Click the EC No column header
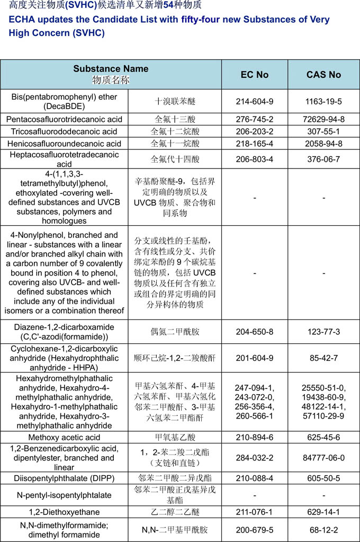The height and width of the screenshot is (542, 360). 255,75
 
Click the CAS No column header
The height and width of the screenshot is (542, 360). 323,75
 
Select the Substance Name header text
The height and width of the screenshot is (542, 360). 111,69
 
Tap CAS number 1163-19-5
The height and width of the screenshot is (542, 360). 323,101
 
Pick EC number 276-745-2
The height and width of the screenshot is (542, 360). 255,119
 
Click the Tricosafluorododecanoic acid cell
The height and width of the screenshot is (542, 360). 66,131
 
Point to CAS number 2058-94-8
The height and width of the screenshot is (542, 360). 323,144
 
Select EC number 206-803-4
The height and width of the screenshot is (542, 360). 255,159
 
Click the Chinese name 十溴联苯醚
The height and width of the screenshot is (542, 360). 175,101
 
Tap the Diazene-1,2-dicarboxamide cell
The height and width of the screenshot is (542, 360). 66,332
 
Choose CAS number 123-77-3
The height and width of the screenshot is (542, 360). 323,332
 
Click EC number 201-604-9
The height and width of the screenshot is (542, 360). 255,358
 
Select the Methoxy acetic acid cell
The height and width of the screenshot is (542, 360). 66,437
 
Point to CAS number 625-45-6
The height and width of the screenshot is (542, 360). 323,437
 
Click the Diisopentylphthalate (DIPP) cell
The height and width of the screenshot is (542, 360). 66,478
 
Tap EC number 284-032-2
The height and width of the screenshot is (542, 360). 255,458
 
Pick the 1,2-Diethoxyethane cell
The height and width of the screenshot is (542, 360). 66,512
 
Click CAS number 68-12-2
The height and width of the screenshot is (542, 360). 323,530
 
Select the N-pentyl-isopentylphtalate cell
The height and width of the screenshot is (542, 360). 66,495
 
